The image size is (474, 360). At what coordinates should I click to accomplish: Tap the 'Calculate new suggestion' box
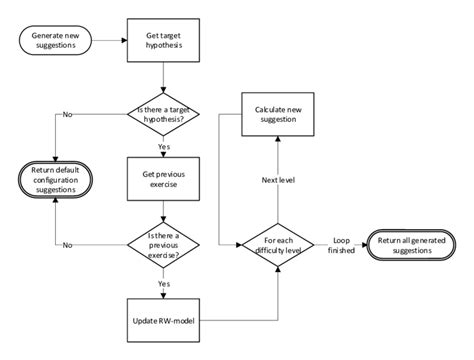(278, 113)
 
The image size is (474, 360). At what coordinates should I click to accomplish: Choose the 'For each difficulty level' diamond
(278, 243)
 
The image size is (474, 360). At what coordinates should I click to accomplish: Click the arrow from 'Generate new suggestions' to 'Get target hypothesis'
(108, 41)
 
